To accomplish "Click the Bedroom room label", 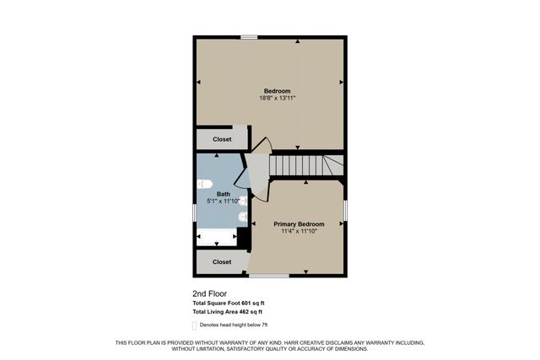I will pos(277,91).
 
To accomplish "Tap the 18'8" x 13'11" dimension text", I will pos(277,99).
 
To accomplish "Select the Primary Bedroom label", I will pos(299,223).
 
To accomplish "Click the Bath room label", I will pos(223,194).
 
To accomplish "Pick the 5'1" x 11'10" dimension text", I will pos(223,201).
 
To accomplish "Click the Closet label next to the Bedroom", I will pos(222,139).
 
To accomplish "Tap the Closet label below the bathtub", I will pos(222,262).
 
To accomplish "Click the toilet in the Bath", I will pos(203,184).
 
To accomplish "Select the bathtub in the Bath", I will pos(217,237).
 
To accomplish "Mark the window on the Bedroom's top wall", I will pos(248,37).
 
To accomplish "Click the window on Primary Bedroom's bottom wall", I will pos(269,276).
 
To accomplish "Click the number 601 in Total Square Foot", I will pos(247,304).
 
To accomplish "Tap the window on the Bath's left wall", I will pos(195,214).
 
